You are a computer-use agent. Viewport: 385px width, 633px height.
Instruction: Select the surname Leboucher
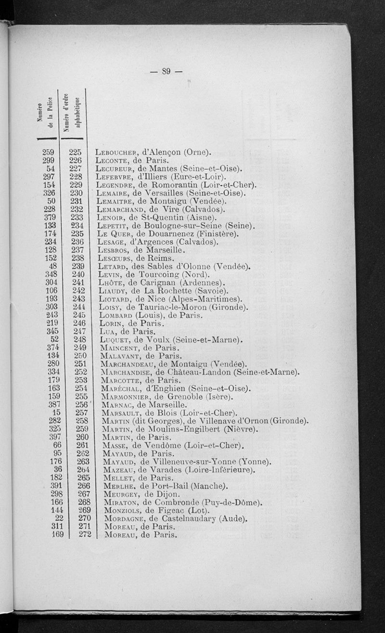tap(115, 153)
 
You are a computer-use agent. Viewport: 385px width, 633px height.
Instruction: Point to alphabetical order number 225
tap(77, 153)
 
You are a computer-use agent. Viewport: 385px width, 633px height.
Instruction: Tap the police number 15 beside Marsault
tap(56, 413)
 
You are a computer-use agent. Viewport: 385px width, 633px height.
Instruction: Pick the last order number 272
tap(77, 535)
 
